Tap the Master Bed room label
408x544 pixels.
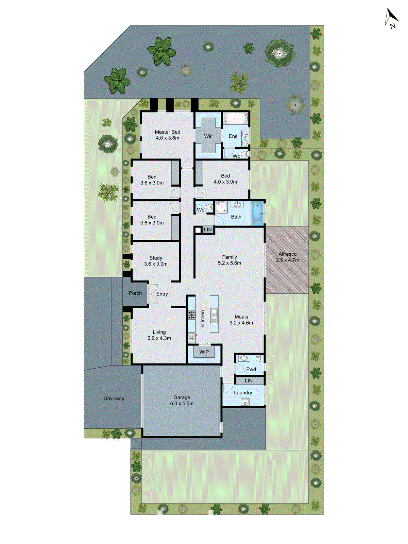167,135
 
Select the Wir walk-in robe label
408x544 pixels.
208,136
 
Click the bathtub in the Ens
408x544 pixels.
235,119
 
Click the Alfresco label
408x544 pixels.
287,257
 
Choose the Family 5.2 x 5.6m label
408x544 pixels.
230,260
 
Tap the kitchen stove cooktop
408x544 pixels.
192,315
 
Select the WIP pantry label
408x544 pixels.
204,352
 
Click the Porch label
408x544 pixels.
135,293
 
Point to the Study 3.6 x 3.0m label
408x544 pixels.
156,261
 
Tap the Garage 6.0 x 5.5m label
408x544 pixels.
182,401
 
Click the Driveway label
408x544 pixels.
114,398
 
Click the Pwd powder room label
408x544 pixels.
251,369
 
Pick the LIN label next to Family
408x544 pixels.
208,230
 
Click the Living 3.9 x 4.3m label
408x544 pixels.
159,335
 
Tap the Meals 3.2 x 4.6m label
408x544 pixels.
241,320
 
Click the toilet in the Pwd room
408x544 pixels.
258,358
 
